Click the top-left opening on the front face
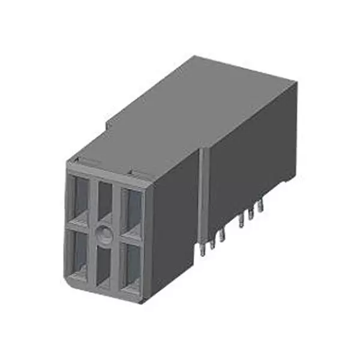[x=80, y=196]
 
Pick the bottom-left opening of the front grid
[x=79, y=251]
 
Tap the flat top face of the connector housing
[x=192, y=114]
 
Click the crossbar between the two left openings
[x=79, y=223]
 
